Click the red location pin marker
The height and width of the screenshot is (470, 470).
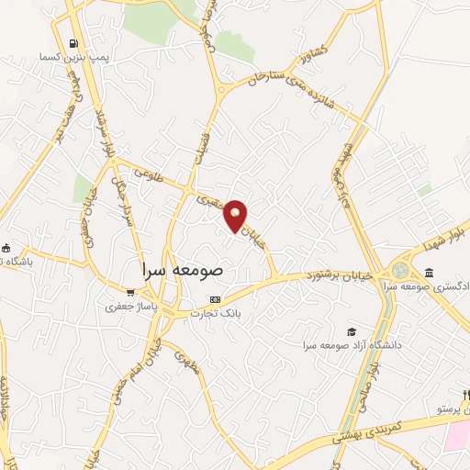(237, 215)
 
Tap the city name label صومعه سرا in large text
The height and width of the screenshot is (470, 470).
(184, 272)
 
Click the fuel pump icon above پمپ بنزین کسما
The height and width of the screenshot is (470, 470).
(73, 42)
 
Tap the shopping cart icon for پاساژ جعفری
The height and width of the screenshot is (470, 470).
(130, 293)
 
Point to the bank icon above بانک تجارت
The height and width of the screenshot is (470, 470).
(216, 299)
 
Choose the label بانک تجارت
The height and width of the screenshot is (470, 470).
(214, 313)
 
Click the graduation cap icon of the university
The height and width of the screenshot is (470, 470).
(351, 331)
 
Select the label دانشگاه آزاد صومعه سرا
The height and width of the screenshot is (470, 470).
(345, 346)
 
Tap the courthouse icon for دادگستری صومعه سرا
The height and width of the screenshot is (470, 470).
(431, 271)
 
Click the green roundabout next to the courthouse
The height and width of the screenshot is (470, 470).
(401, 271)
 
